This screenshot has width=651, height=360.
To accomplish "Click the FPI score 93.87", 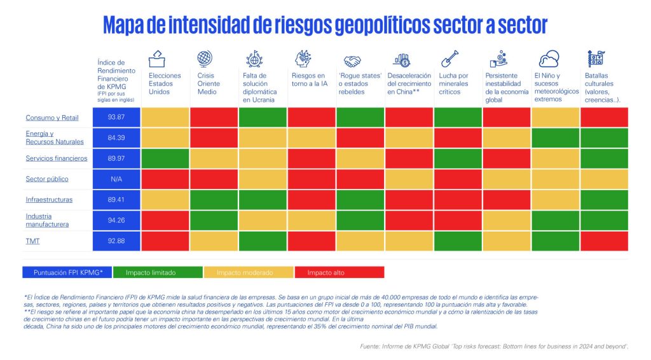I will point(116,117).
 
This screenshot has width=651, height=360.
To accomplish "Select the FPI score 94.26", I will point(116,221).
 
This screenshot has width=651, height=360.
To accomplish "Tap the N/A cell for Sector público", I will point(116,179).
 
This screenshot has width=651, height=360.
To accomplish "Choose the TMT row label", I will point(32,241).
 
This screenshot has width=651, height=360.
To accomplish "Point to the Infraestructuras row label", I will point(49,200).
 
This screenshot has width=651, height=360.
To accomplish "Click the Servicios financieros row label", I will point(57,158).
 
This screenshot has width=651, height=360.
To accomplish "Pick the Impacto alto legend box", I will point(339,272).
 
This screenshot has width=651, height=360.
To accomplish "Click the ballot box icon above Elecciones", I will point(157,60).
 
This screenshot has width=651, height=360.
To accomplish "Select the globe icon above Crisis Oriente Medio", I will point(205,59).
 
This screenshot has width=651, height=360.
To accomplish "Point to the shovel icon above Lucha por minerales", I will point(449,59).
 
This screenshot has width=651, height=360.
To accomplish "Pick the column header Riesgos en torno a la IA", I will point(310,80).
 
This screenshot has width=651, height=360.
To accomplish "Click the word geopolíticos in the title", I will point(369,25).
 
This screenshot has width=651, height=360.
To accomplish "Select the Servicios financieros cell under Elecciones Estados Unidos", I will point(165,158).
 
